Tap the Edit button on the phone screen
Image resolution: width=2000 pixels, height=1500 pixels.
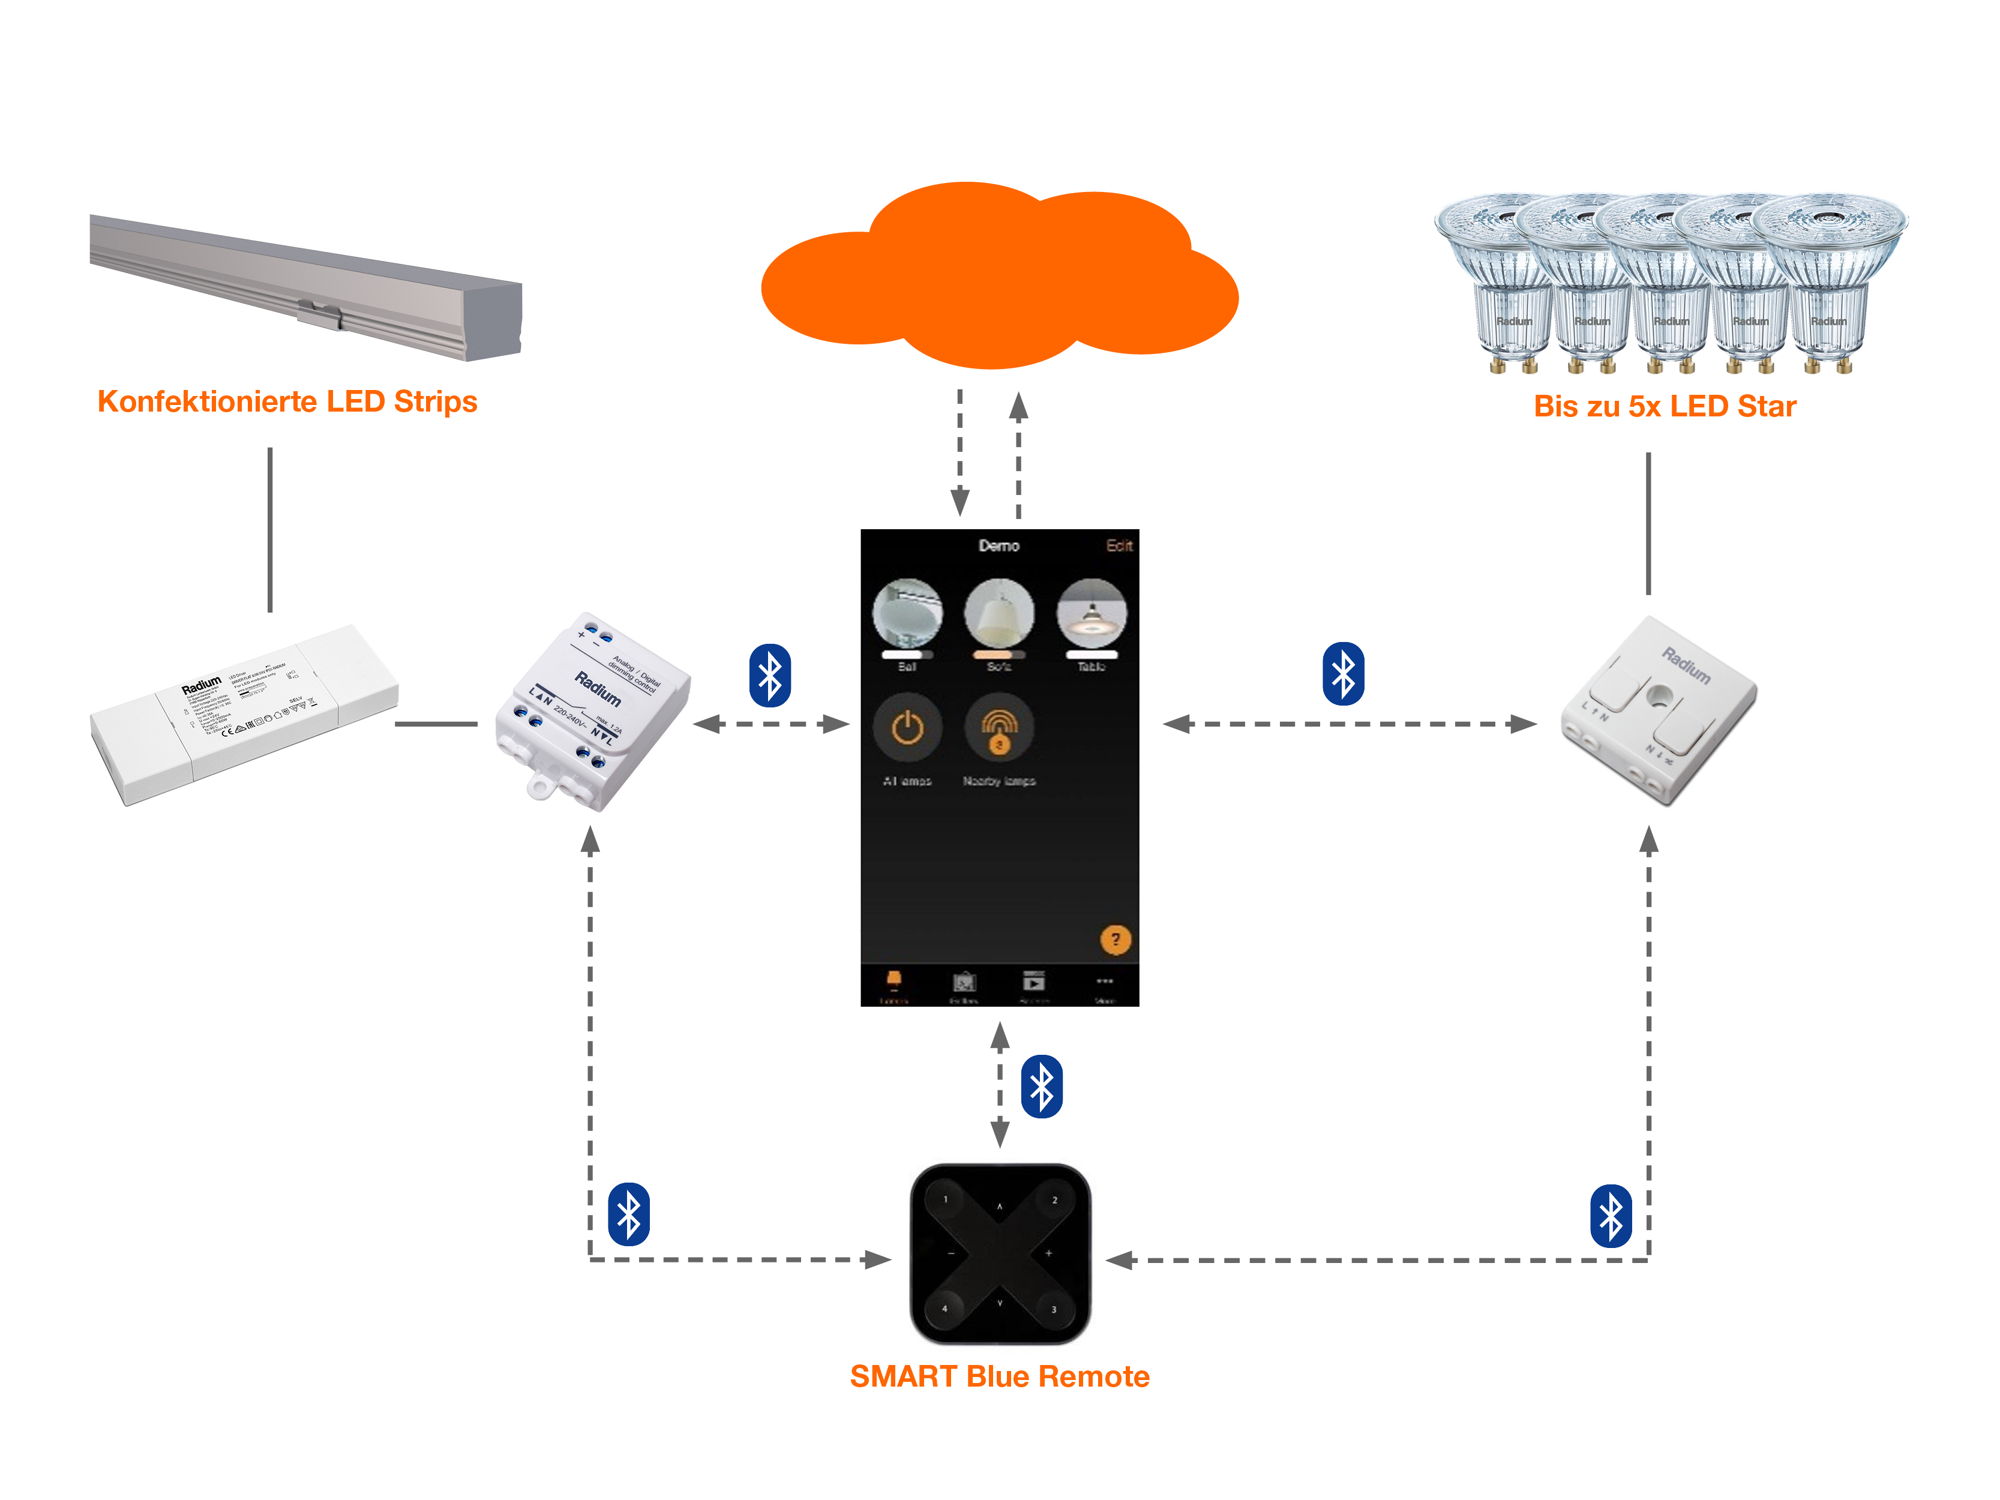click(1119, 545)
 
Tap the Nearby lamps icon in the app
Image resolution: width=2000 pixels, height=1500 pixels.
click(999, 728)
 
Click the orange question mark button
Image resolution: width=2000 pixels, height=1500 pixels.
click(1115, 940)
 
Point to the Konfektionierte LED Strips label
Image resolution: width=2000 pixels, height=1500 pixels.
click(287, 401)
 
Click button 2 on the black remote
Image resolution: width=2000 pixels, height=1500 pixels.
click(1054, 1200)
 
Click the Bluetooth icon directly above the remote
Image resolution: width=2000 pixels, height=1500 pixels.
click(1042, 1086)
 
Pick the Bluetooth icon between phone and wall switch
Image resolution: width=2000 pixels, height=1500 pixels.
click(1343, 674)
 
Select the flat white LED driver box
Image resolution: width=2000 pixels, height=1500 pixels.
click(244, 714)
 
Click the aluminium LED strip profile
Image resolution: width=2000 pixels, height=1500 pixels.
click(307, 285)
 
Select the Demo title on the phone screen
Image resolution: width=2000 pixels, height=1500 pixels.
click(998, 545)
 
